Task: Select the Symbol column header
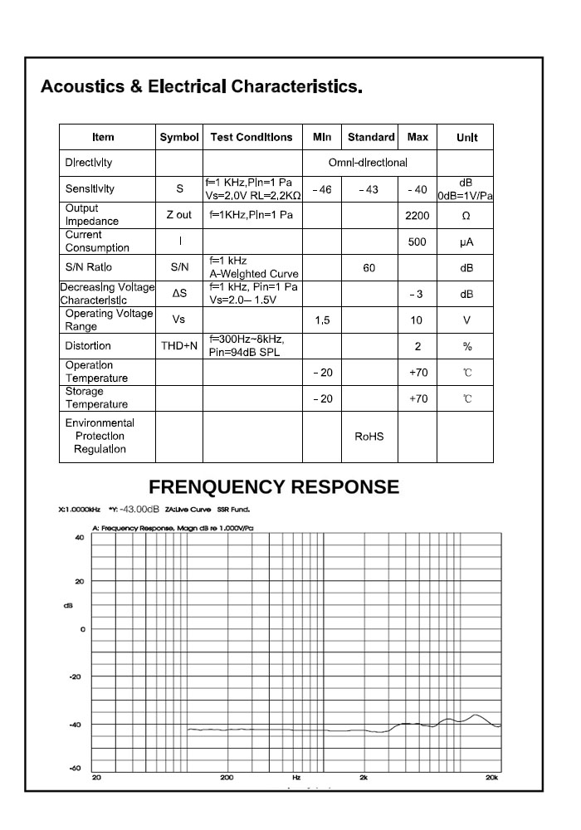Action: click(x=179, y=137)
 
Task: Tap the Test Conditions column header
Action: click(x=251, y=137)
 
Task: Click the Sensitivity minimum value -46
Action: click(x=322, y=189)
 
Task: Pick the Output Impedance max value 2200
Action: click(x=417, y=215)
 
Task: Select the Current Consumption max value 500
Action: click(x=417, y=242)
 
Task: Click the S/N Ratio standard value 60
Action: click(x=369, y=268)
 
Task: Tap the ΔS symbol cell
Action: click(x=179, y=294)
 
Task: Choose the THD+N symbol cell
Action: click(x=179, y=346)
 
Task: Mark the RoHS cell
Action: click(x=369, y=437)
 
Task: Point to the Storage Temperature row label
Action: click(x=97, y=398)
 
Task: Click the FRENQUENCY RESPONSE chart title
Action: click(x=274, y=487)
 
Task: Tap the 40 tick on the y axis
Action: click(x=80, y=537)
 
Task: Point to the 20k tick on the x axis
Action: click(x=492, y=778)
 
